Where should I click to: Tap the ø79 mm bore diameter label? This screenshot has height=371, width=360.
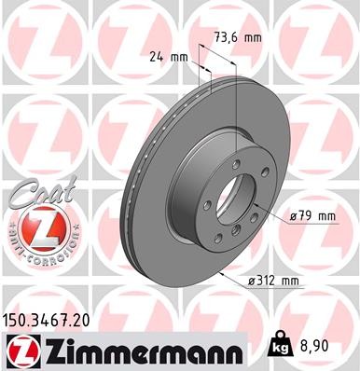(312, 216)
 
